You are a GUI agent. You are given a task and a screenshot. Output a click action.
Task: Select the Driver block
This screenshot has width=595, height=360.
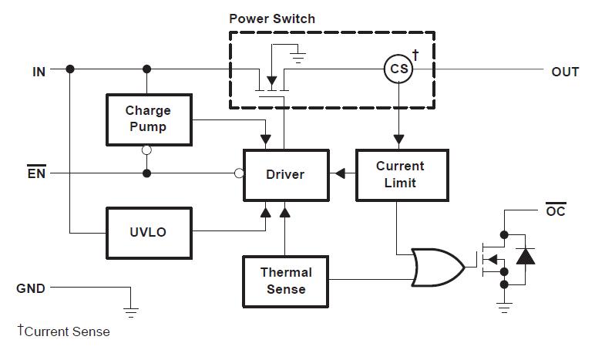tap(285, 174)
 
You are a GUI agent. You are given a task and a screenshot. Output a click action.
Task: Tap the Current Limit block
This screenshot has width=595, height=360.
tap(400, 175)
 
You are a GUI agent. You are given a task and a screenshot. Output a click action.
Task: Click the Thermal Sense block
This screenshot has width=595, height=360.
tap(285, 281)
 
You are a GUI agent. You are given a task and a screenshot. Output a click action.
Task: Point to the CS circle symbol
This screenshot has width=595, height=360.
tap(398, 70)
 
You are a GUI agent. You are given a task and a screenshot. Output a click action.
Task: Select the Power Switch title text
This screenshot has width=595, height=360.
tap(272, 19)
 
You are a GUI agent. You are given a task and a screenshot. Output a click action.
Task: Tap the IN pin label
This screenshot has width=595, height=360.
tap(39, 71)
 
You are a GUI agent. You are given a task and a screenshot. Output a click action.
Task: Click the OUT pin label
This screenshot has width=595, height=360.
tap(565, 72)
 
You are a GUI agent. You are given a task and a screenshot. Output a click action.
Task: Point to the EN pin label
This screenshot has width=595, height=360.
tap(36, 173)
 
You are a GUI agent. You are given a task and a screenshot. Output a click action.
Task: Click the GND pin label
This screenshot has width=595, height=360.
tap(31, 288)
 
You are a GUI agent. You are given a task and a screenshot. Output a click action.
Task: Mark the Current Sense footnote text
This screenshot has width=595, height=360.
tap(64, 331)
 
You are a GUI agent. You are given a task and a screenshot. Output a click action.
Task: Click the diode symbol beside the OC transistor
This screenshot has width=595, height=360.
tap(526, 255)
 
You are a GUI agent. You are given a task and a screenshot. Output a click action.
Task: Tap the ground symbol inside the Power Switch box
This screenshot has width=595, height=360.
tap(301, 56)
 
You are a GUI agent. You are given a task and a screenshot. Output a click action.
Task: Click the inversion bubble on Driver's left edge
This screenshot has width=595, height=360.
tap(239, 173)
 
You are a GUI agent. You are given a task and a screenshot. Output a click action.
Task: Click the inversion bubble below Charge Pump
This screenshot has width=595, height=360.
tap(146, 151)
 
